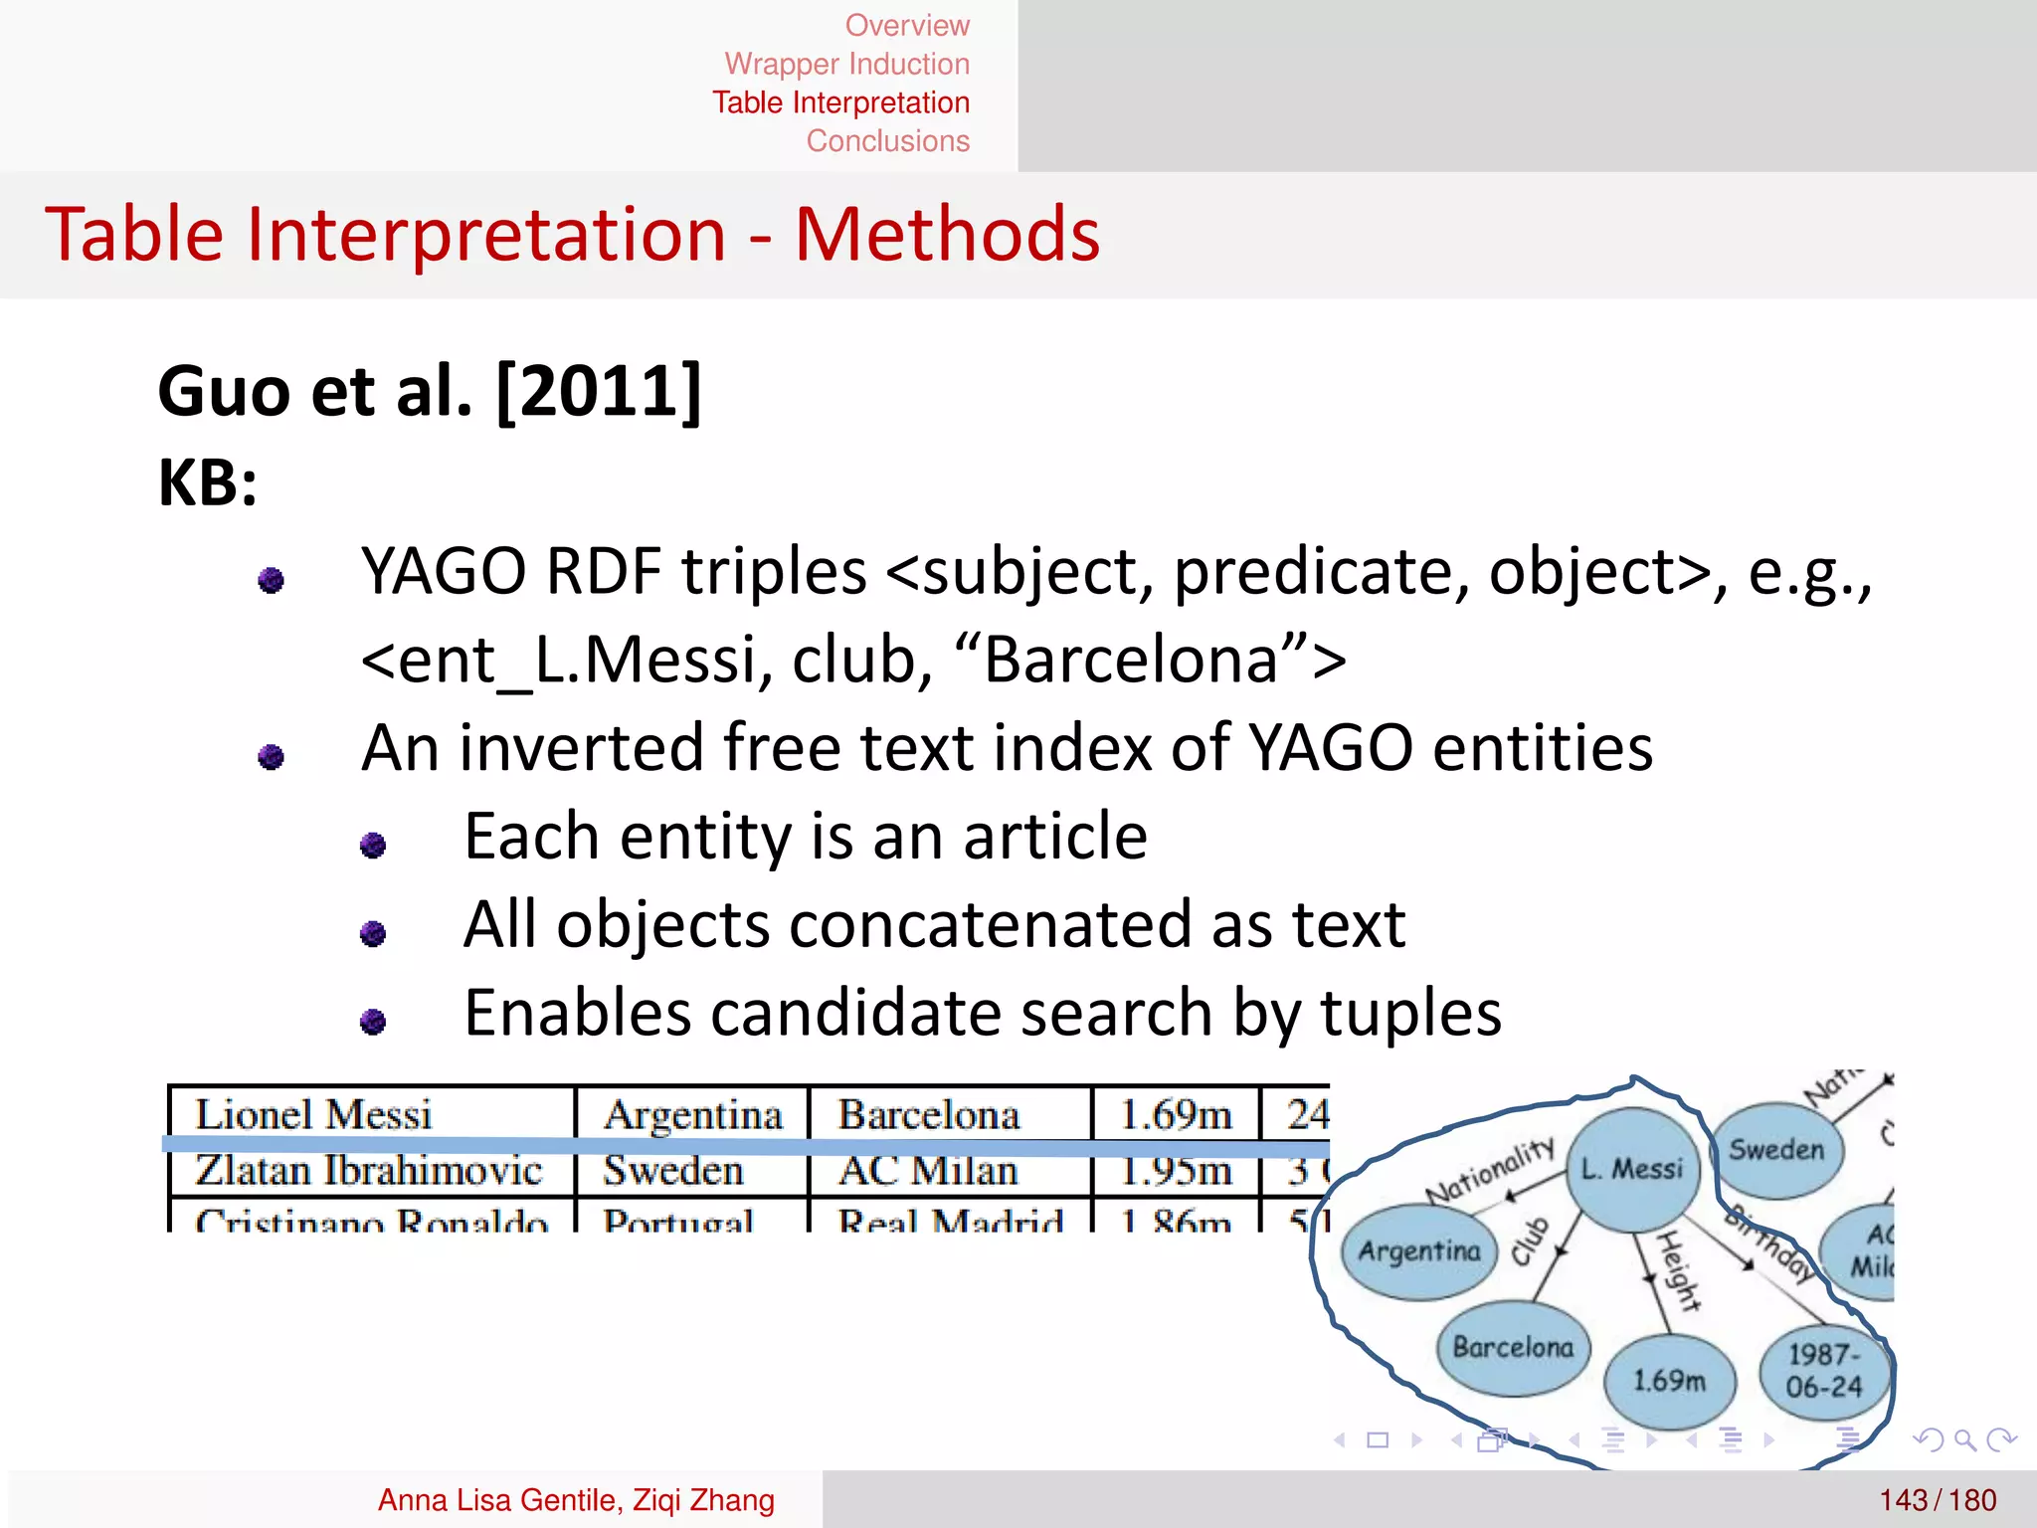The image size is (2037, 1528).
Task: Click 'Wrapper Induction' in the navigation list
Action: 846,64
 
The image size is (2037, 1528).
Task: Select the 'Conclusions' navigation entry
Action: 887,141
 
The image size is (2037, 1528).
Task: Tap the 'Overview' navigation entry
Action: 906,25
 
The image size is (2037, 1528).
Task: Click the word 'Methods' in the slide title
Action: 947,235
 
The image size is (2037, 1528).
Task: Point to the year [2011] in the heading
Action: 599,391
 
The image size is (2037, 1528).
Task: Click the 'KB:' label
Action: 208,483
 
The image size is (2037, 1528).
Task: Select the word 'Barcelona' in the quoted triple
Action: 1132,660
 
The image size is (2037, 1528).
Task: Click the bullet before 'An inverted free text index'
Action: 271,757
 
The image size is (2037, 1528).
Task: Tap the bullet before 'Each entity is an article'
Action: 373,845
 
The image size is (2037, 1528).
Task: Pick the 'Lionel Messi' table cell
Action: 313,1114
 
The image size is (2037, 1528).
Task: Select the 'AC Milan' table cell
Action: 928,1171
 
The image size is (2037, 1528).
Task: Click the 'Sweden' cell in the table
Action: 673,1171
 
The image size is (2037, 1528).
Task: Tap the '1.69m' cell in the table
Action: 1175,1114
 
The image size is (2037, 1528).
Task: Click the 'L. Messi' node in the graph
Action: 1632,1169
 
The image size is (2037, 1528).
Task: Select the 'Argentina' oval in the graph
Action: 1419,1250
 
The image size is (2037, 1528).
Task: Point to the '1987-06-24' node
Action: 1823,1371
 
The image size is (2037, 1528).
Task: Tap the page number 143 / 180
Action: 1938,1500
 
